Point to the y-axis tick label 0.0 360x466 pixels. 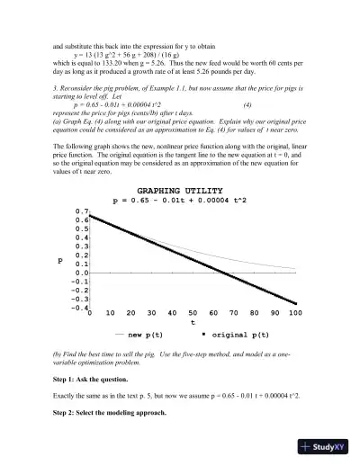click(81, 273)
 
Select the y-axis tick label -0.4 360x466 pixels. click(79, 309)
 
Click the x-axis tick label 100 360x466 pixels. click(294, 314)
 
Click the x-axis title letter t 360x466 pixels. click(193, 323)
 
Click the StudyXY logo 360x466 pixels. click(319, 447)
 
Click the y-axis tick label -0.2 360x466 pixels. click(79, 291)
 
